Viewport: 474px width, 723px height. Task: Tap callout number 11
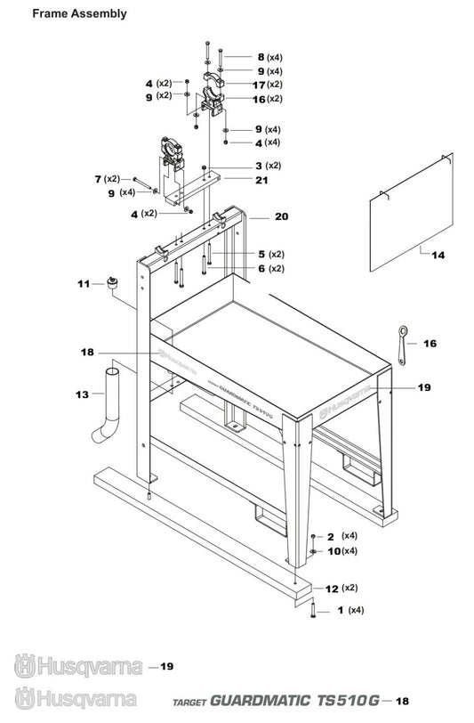[84, 284]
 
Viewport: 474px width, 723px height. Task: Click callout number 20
[282, 216]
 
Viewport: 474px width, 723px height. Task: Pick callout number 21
[261, 180]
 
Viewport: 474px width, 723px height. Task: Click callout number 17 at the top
[260, 85]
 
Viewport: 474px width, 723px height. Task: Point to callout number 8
[260, 56]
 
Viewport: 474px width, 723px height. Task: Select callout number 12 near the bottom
[332, 589]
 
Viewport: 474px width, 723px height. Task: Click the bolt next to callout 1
[314, 611]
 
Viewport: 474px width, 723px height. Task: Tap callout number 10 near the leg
[333, 551]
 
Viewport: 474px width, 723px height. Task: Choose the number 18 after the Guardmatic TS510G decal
[403, 701]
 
